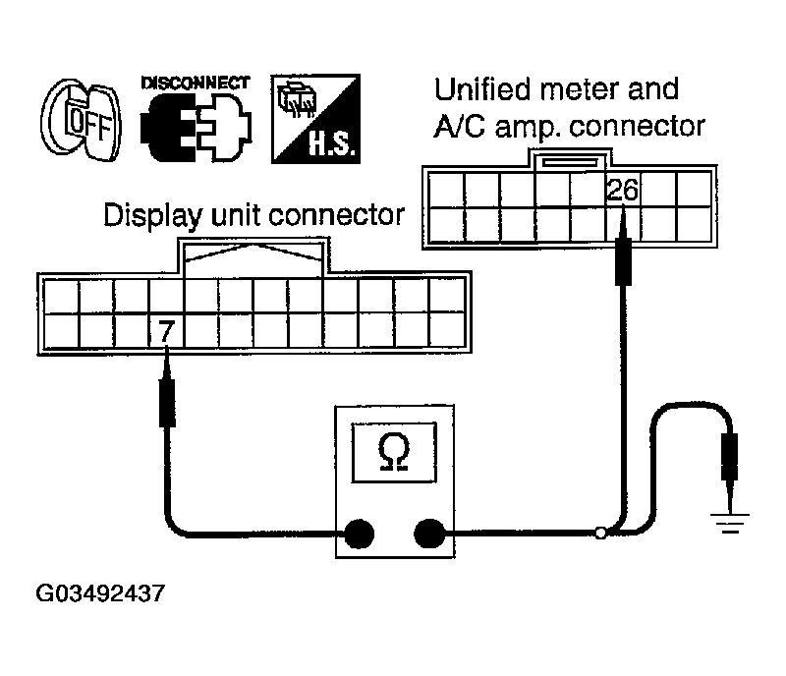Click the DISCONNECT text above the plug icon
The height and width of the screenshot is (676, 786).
coord(196,83)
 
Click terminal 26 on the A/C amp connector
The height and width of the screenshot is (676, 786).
coord(622,190)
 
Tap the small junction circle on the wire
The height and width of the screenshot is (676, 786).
coord(601,535)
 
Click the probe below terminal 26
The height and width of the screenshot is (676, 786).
coord(622,255)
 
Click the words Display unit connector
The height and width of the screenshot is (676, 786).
coord(254,214)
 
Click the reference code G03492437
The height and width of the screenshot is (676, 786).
coord(100,594)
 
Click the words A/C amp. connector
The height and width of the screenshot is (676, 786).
coord(570,126)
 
